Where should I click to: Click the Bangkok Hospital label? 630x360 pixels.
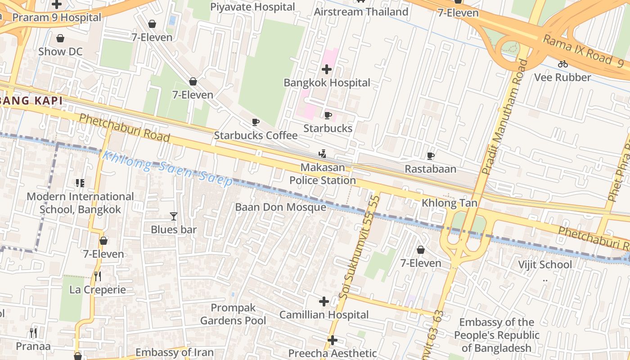(x=327, y=83)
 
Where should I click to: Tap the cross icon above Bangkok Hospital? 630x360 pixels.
(x=327, y=69)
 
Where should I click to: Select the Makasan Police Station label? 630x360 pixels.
(x=323, y=174)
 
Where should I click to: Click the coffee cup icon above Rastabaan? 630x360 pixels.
(x=431, y=156)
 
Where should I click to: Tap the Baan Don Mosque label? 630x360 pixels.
(x=280, y=207)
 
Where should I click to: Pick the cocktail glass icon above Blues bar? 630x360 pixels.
(x=174, y=216)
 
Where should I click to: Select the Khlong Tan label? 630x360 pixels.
(x=449, y=203)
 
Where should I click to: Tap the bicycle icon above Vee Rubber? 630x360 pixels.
(x=562, y=64)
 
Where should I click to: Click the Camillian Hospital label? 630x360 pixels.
(x=324, y=315)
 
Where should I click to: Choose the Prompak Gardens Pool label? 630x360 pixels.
(x=233, y=315)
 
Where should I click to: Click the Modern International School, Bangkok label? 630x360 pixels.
(x=80, y=203)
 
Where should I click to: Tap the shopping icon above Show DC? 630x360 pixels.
(x=60, y=39)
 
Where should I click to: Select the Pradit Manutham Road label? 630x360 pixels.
(x=504, y=117)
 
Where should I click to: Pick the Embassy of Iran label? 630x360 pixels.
(x=175, y=352)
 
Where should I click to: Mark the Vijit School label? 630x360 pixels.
(x=545, y=265)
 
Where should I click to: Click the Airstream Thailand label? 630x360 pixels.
(x=361, y=12)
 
